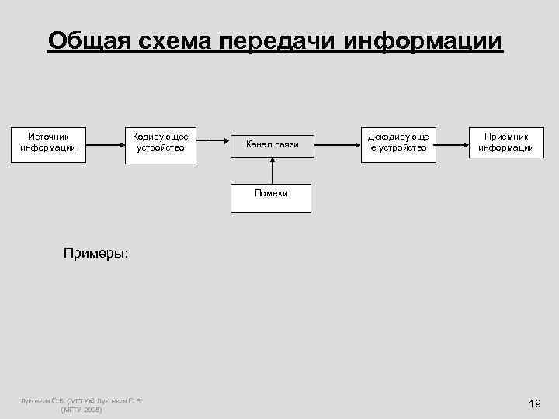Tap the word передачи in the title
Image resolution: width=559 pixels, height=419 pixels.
pos(275,40)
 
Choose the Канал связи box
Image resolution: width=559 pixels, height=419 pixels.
pos(273,144)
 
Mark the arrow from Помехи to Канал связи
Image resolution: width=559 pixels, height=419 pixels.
pos(272,171)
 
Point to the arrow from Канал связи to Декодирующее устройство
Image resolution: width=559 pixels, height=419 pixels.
pos(336,144)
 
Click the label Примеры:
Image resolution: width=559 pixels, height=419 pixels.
pos(96,253)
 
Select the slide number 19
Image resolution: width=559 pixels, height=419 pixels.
pos(533,403)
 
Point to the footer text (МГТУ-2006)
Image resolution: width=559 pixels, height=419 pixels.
pos(81,409)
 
